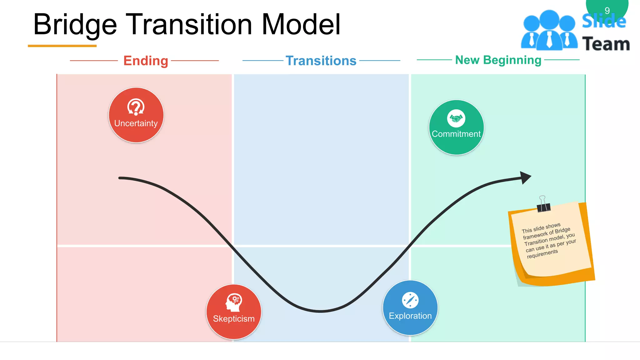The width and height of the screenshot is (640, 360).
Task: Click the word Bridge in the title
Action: pos(75,25)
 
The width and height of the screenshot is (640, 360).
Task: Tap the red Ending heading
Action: pos(146,61)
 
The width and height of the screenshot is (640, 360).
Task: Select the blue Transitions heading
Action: pos(321,61)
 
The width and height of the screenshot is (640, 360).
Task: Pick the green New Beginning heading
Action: pos(498,60)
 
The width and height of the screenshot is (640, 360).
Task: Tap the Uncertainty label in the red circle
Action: pos(136,123)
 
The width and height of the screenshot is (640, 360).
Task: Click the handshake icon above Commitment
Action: pos(456,118)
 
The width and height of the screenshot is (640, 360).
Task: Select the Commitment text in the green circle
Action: pos(456,134)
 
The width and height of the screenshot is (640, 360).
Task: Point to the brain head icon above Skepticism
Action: pos(234,302)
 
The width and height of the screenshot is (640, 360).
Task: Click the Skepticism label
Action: pos(234,319)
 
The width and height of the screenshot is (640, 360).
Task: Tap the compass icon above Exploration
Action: pos(410,300)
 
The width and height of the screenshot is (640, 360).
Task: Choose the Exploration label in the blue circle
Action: pos(410,316)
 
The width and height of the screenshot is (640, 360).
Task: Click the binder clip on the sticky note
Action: pos(543,205)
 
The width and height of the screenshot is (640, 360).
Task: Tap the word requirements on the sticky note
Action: pos(542,254)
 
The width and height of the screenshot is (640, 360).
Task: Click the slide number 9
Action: pos(607,11)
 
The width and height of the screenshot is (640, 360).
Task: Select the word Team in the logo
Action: pos(606,44)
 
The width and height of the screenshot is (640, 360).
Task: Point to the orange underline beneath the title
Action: pos(62,46)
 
